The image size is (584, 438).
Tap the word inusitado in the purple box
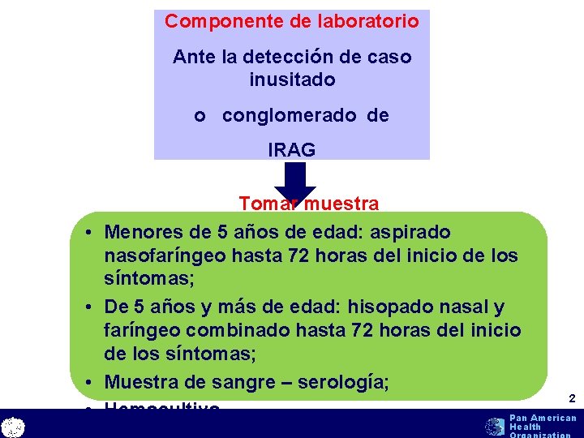(x=293, y=80)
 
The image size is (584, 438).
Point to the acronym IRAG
(x=292, y=150)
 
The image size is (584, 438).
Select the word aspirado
(x=410, y=233)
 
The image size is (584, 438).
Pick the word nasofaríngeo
(x=165, y=256)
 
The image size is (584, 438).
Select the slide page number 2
(x=571, y=398)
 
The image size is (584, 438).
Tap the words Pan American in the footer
(x=543, y=418)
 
